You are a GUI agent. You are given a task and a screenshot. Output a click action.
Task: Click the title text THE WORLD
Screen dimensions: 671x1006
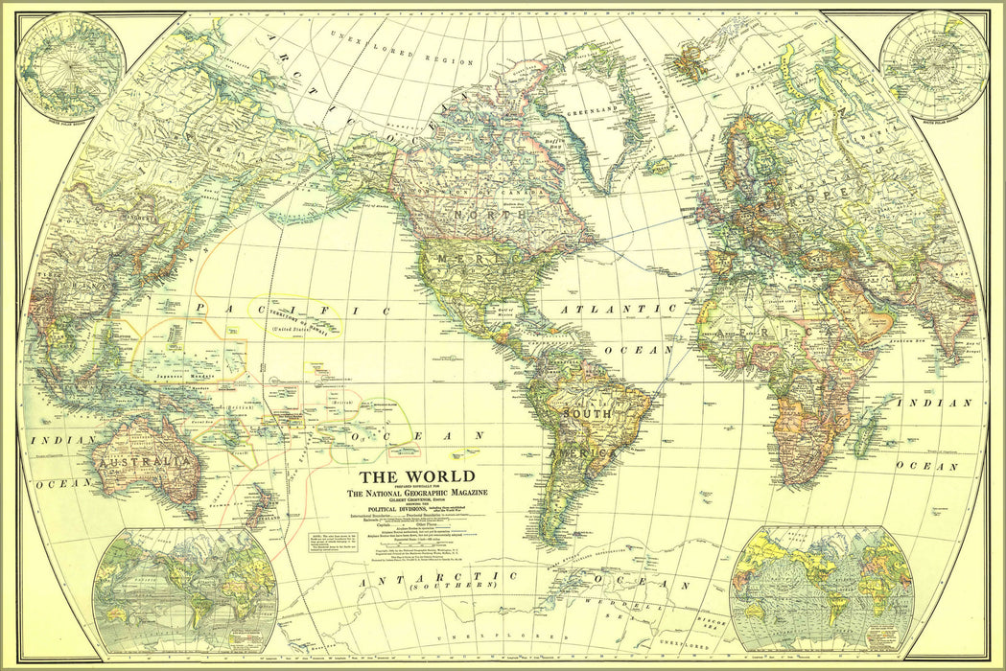click(416, 476)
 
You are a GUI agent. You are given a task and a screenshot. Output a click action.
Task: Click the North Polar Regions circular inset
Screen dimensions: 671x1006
click(70, 65)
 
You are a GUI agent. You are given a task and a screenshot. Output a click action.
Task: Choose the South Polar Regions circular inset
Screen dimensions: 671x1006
click(933, 64)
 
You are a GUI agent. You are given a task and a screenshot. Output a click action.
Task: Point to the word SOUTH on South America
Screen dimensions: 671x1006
click(587, 413)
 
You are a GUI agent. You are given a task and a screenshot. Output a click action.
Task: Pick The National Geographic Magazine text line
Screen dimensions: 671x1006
click(416, 494)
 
